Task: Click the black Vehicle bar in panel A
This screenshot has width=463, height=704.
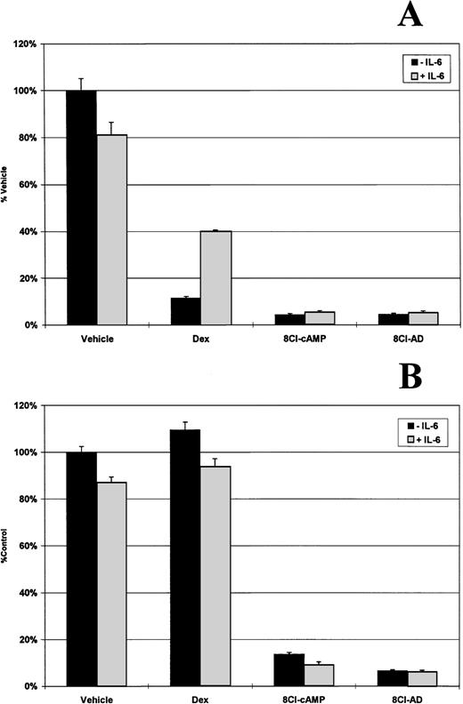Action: point(81,208)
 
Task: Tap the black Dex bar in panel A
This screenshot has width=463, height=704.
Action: point(185,311)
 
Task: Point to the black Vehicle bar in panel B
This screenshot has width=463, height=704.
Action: point(81,569)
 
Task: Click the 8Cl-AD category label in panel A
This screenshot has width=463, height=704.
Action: point(394,339)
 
